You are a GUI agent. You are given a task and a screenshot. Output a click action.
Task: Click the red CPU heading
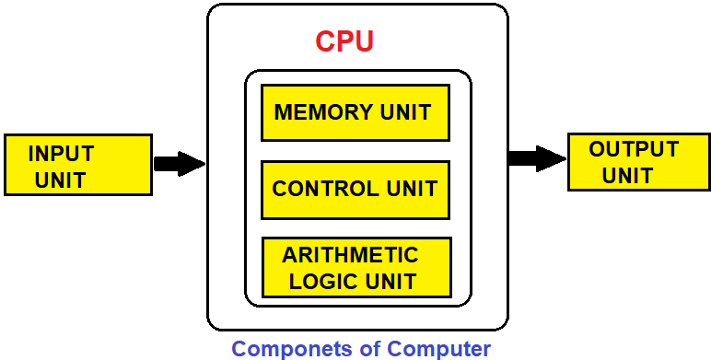(344, 41)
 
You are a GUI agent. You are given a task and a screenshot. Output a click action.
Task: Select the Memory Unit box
(355, 112)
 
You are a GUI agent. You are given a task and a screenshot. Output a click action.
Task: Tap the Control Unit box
(355, 190)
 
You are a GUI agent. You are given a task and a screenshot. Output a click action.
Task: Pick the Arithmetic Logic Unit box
(356, 267)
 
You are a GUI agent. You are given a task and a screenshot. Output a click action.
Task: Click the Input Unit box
(78, 165)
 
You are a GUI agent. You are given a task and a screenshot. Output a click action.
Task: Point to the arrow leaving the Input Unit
(179, 164)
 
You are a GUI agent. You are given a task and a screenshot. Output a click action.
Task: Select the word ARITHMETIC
(350, 255)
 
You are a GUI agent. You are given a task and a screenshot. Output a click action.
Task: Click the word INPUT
(61, 154)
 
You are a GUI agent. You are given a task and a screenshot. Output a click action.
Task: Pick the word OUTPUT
(634, 149)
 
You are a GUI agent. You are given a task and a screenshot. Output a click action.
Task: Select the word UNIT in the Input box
(60, 180)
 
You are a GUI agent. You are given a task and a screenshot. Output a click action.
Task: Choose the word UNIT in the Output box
(628, 175)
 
